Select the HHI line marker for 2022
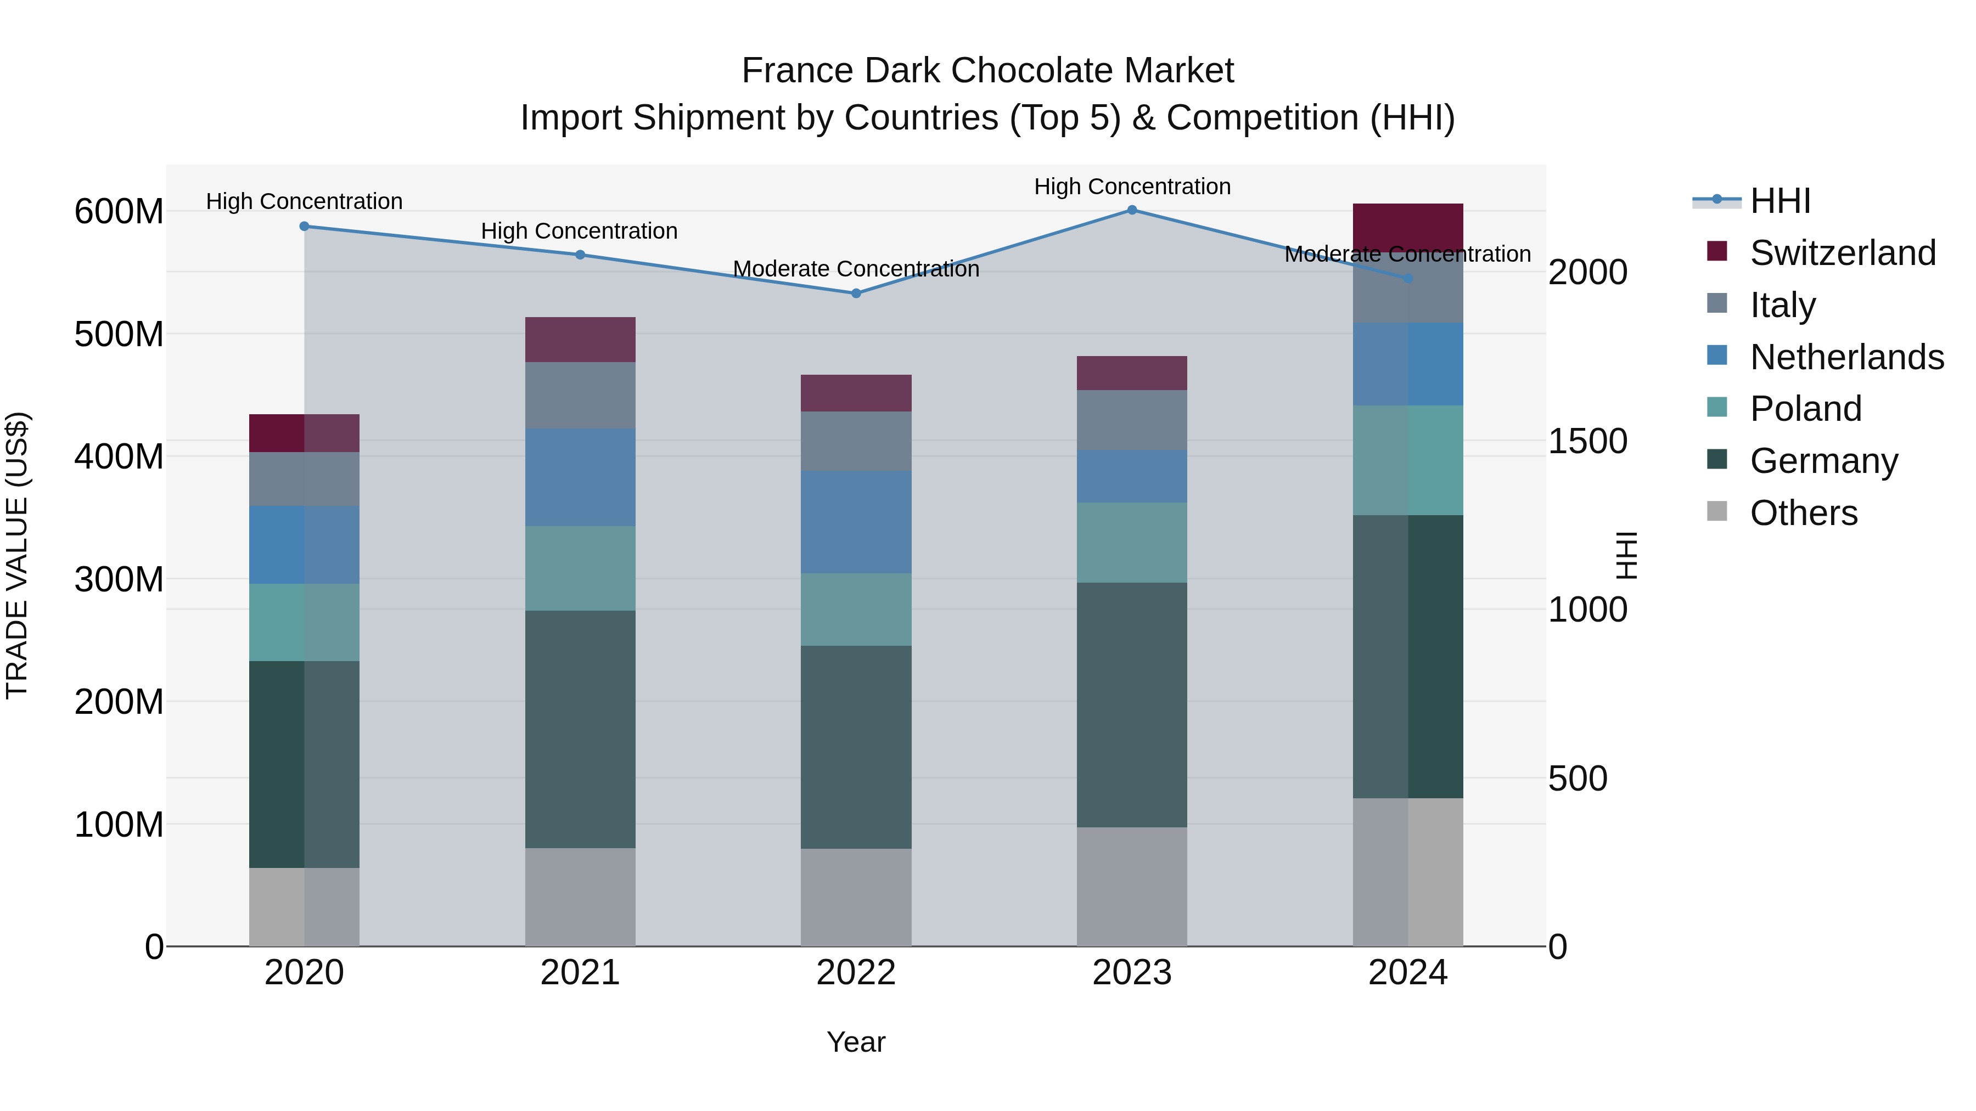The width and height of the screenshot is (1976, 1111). [856, 293]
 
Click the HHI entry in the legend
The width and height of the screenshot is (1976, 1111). [1779, 201]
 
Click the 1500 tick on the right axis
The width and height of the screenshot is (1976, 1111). [1587, 441]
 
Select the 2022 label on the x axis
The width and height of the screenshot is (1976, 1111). [856, 973]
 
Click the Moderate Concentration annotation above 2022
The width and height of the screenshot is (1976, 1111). [856, 269]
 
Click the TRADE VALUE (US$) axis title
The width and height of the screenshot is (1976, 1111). [17, 555]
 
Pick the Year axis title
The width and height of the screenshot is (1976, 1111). [856, 1042]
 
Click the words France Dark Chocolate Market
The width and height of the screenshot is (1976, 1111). [987, 71]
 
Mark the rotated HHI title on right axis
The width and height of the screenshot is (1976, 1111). [1626, 555]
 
